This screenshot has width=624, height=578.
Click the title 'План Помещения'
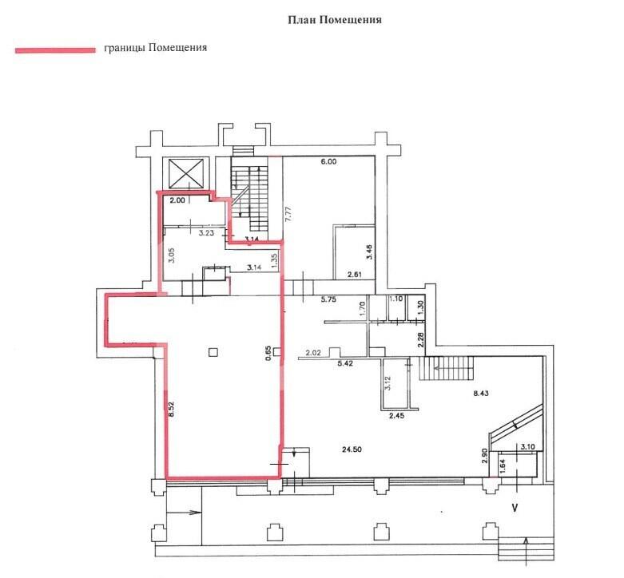(x=335, y=20)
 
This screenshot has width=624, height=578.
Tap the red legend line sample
(x=55, y=49)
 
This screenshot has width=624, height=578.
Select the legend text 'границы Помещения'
(x=155, y=48)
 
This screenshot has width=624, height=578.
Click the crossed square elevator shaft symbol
(x=186, y=173)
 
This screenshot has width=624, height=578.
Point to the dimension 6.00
(x=328, y=161)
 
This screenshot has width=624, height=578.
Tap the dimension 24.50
(x=352, y=449)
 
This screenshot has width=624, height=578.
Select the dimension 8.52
(x=172, y=409)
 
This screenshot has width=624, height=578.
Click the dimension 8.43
(x=481, y=394)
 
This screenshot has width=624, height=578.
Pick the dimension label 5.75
(x=328, y=299)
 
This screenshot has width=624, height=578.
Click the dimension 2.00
(x=177, y=200)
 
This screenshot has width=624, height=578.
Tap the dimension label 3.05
(x=172, y=255)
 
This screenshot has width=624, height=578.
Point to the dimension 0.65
(x=268, y=353)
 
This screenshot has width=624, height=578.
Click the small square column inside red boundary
(x=213, y=352)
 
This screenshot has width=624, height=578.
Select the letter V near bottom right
(x=515, y=508)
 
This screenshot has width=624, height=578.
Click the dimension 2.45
(x=397, y=417)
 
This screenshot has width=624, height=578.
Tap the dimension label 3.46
(x=369, y=251)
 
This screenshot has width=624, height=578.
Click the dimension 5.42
(x=344, y=363)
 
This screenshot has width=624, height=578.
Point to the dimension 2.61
(x=355, y=275)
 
